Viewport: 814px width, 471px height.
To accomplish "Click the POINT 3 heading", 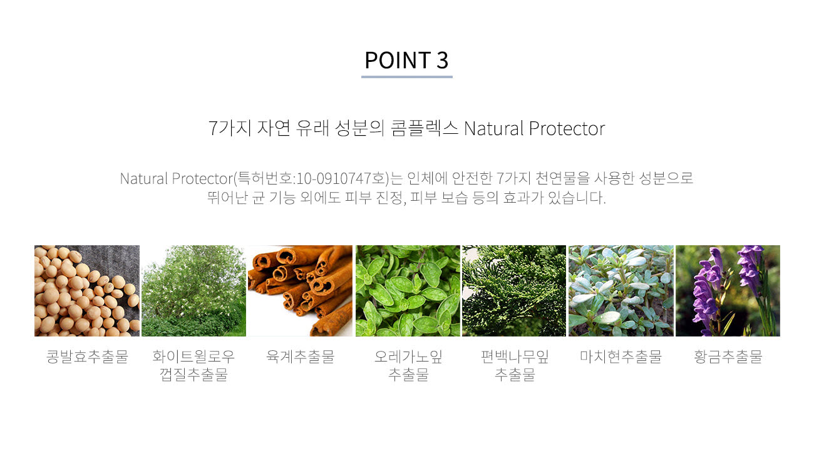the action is pos(406,60).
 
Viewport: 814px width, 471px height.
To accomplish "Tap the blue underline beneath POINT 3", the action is pos(406,77).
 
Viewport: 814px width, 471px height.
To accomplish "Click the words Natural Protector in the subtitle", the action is pos(534,129).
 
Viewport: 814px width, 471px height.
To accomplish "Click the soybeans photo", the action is pos(87,290).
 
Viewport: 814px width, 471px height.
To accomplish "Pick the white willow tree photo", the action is pos(193,290).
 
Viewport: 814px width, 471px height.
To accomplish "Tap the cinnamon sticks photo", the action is pos(300,290).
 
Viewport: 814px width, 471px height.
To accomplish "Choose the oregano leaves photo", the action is pos(408,290).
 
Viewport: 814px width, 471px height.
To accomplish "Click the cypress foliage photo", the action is pos(514,290).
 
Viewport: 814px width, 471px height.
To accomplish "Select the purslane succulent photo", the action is pos(621,290).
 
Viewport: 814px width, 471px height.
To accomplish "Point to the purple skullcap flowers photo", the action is pos(728,290).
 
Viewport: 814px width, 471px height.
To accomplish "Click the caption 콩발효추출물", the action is pos(87,357).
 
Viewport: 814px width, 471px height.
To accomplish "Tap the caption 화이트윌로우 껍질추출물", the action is pos(193,365).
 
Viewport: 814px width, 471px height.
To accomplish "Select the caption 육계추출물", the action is pos(300,357).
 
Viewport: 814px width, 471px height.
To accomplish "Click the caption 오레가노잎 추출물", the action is pos(408,365).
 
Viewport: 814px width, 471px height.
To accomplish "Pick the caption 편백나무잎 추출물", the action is pos(515,365).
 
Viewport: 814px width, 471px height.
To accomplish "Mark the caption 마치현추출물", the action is pos(621,357).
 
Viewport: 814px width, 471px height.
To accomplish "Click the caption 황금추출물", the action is pos(728,357).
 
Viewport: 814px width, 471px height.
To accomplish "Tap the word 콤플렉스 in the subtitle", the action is pos(424,129).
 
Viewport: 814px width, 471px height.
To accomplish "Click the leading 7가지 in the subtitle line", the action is pos(230,129).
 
